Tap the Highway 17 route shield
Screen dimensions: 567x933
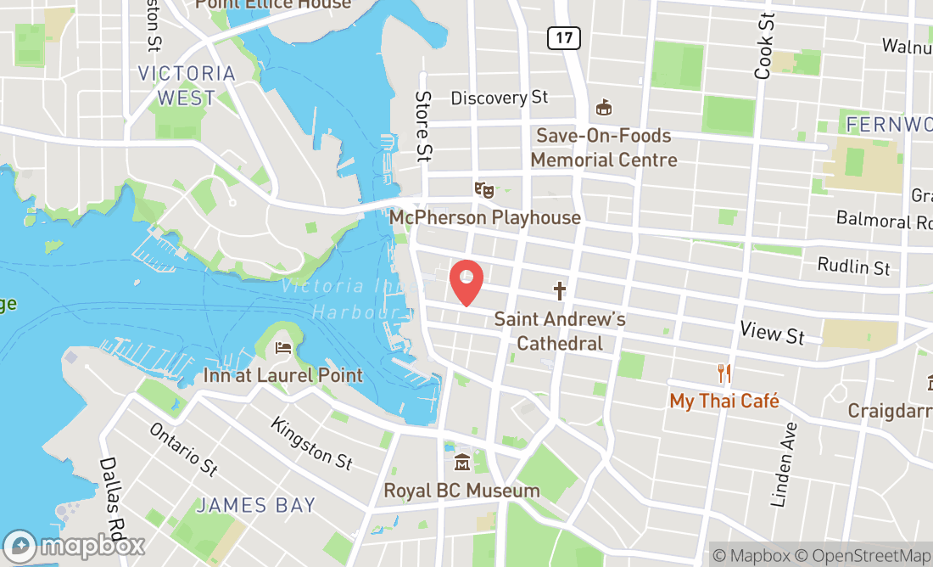point(563,37)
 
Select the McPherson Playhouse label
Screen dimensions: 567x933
point(484,218)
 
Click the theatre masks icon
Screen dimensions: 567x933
point(483,189)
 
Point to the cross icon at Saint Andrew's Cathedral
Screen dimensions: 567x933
point(560,292)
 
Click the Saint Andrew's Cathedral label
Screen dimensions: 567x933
point(560,331)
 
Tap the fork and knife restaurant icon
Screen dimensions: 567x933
point(724,373)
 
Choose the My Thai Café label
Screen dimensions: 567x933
point(724,401)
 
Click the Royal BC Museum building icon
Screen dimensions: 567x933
point(462,463)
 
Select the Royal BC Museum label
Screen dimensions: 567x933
point(461,491)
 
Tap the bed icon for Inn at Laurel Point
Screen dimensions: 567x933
point(283,348)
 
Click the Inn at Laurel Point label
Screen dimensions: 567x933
point(282,375)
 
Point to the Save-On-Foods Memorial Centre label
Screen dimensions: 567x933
point(604,148)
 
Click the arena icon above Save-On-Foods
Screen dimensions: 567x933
point(604,108)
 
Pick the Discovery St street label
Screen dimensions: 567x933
point(500,98)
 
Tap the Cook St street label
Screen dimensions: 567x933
point(764,47)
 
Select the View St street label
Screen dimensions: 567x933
point(772,332)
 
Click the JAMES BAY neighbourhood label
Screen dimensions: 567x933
point(255,506)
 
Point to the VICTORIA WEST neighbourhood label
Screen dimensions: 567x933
point(187,86)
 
